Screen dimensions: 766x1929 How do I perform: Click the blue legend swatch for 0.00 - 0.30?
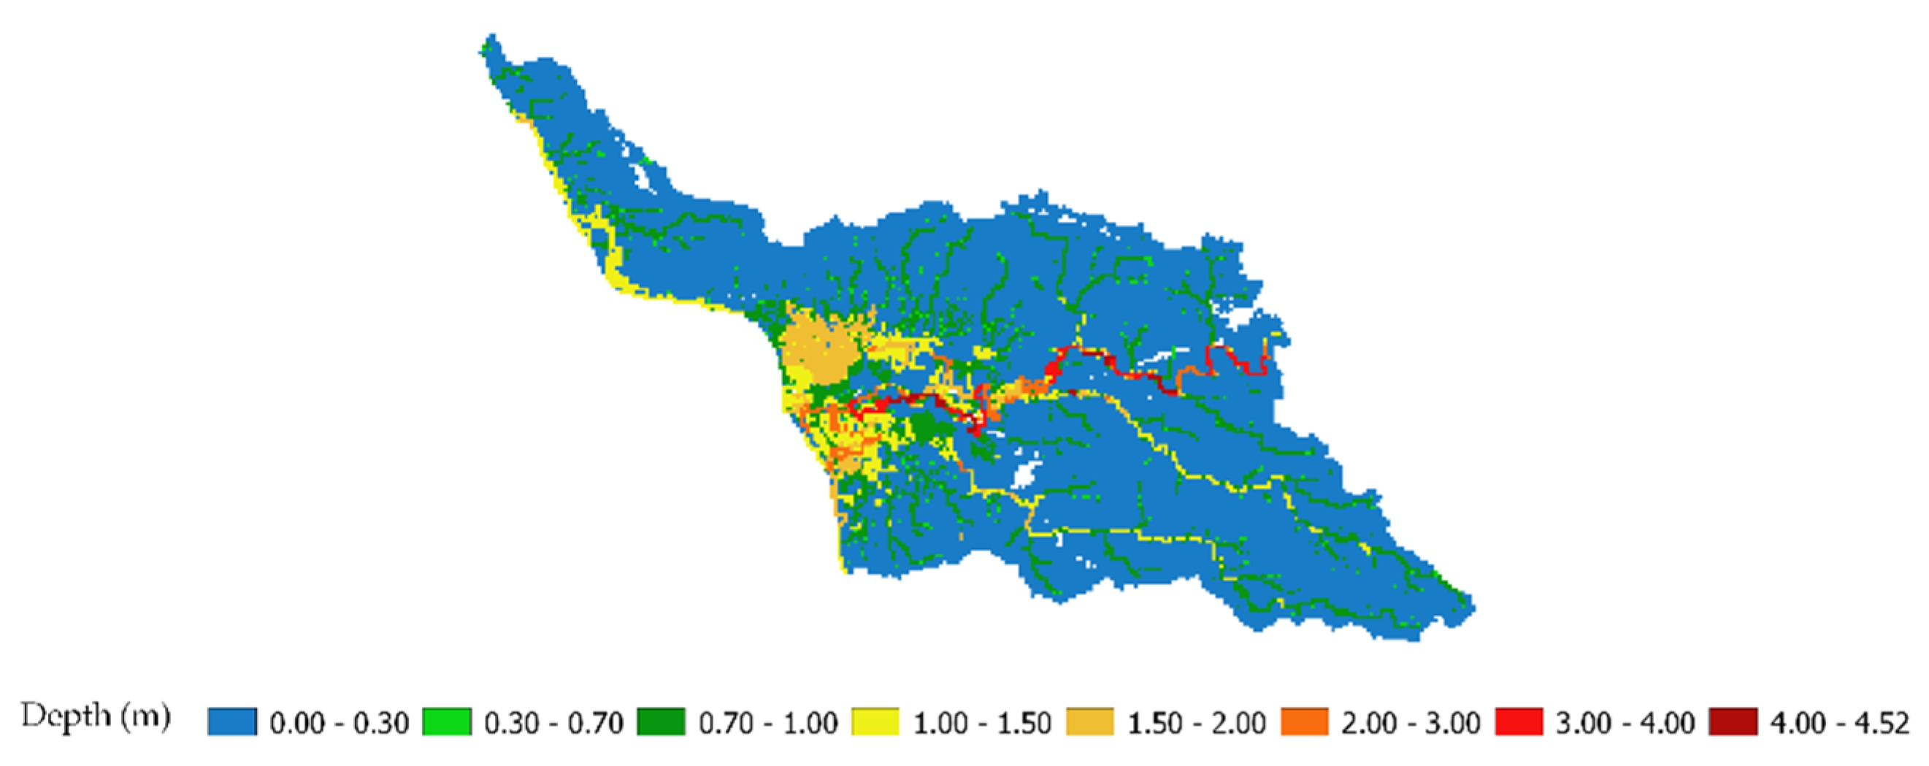click(x=232, y=722)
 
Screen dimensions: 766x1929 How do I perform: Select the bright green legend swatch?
click(x=447, y=722)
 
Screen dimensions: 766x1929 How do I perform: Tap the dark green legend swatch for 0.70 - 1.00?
click(x=661, y=722)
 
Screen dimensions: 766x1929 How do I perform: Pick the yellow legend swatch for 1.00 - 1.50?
click(x=875, y=722)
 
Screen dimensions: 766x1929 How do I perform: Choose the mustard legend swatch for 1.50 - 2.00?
click(x=1089, y=722)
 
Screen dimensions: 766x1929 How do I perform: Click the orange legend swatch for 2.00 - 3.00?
click(x=1305, y=722)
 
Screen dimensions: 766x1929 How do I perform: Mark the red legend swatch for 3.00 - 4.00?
click(x=1519, y=722)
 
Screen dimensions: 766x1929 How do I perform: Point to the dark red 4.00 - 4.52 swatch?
click(x=1733, y=722)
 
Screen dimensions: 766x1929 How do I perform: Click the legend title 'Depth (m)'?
click(x=96, y=717)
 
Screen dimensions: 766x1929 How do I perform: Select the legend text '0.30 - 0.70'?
click(x=553, y=724)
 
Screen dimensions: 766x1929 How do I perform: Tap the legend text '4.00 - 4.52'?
click(x=1839, y=724)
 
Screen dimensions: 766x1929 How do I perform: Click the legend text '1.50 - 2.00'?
click(x=1196, y=724)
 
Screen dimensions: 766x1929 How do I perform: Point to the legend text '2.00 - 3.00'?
click(x=1411, y=724)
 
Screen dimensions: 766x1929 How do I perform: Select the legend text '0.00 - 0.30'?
click(x=340, y=724)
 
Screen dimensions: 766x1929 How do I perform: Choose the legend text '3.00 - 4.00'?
click(x=1625, y=724)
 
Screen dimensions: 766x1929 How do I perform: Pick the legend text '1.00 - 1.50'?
click(x=982, y=724)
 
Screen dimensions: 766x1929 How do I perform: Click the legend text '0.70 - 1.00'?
click(x=767, y=724)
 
